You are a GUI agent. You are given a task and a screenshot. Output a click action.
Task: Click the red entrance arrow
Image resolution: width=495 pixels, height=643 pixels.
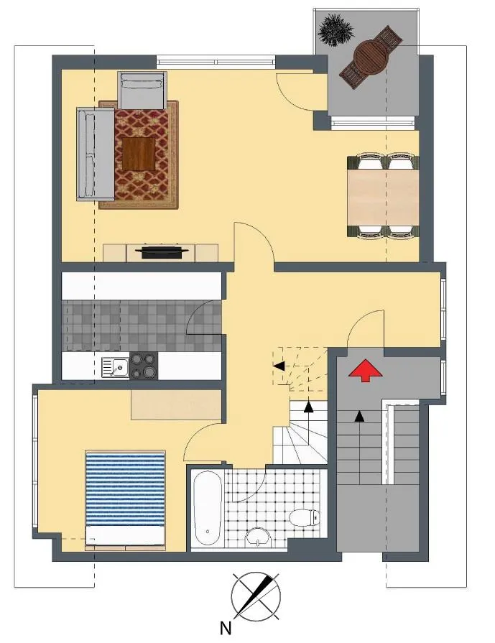(x=365, y=370)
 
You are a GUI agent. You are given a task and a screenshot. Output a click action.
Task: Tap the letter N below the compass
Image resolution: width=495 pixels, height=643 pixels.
(x=226, y=628)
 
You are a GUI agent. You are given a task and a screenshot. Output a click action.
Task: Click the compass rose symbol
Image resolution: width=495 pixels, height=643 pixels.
(x=256, y=596)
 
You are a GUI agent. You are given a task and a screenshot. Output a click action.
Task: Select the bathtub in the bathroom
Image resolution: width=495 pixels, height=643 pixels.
(x=208, y=509)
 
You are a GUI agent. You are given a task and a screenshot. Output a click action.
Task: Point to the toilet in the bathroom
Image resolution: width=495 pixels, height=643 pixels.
(x=305, y=517)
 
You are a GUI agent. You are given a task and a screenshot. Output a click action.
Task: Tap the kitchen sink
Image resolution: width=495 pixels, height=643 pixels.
(x=115, y=366)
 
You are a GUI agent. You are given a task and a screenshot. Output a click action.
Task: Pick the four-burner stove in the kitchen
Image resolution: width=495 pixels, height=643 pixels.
(x=144, y=366)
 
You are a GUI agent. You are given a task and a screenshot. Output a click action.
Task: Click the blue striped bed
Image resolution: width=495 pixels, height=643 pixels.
(x=125, y=500)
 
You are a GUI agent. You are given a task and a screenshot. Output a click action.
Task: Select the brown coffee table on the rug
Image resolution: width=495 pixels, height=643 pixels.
(x=139, y=153)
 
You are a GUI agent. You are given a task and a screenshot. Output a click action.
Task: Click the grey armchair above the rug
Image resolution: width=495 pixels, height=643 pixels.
(x=142, y=91)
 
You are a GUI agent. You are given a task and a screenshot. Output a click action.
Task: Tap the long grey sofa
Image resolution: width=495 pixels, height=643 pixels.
(x=95, y=154)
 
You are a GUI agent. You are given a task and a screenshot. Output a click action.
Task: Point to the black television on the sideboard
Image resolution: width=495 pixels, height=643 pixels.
(x=162, y=251)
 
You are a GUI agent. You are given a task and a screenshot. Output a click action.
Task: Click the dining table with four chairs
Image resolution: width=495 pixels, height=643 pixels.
(x=383, y=196)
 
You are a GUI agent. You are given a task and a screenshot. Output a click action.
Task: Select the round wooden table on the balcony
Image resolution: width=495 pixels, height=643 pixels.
(x=371, y=56)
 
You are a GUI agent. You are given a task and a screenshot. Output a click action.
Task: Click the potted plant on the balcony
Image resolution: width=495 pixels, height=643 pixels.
(x=336, y=30)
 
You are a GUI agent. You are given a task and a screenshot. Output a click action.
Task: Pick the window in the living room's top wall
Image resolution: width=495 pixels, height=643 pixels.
(x=216, y=62)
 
